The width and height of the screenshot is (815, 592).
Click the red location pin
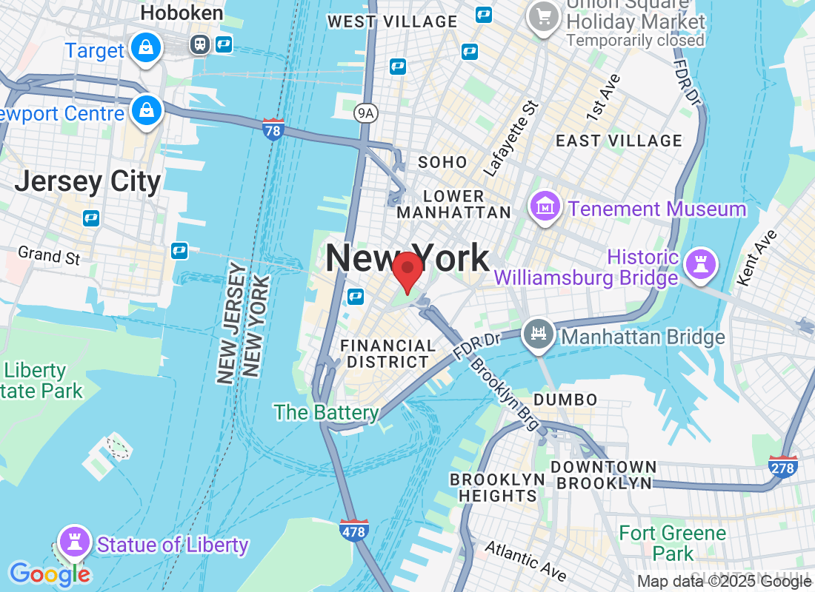[x=407, y=269]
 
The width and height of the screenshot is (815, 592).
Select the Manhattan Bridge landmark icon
[x=538, y=334]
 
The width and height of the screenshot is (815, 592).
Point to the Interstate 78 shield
[x=273, y=130]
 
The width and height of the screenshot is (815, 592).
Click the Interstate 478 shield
[x=354, y=530]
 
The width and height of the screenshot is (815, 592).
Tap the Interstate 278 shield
[x=783, y=466]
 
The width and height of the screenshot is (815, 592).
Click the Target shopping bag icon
[x=146, y=49]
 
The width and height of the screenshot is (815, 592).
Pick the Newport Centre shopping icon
[x=146, y=111]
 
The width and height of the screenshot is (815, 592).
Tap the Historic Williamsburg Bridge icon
[x=699, y=263]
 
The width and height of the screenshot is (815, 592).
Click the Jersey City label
[x=87, y=181]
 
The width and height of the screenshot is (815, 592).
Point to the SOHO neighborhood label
[x=442, y=162]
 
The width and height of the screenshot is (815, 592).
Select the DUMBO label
[x=565, y=400]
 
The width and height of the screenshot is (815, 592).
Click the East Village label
[x=619, y=141]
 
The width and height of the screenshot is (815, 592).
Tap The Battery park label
[x=326, y=412]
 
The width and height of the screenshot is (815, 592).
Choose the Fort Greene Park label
[x=672, y=542]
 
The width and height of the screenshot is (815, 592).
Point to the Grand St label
[x=49, y=256]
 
